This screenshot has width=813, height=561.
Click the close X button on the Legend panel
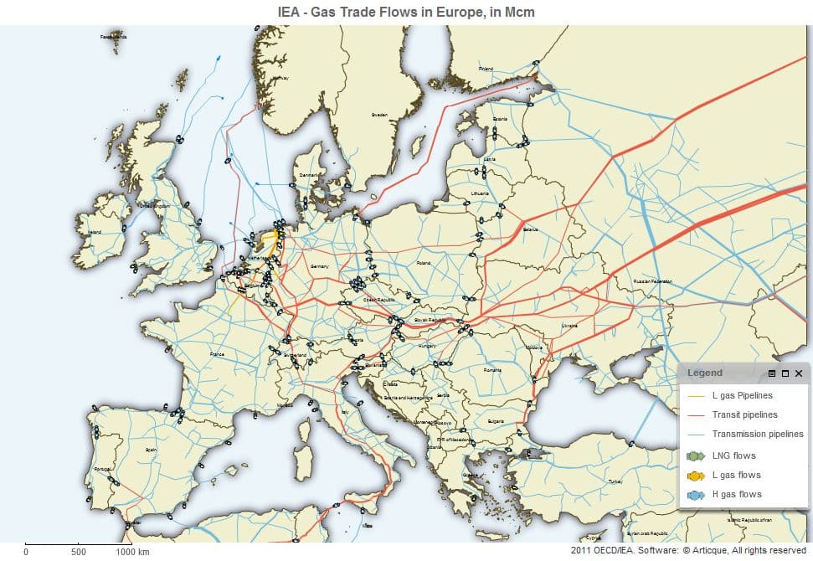point(799,373)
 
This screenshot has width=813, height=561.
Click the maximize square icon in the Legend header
point(785,373)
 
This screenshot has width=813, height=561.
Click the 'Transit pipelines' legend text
point(744,414)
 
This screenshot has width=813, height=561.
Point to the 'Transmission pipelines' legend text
point(757,434)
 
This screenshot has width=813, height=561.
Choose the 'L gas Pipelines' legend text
point(742,395)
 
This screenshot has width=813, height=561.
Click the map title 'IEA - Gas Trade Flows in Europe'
point(406,12)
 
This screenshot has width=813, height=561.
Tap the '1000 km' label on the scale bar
point(132,552)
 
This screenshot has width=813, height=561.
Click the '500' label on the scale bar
point(79,552)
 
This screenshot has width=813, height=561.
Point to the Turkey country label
point(615,481)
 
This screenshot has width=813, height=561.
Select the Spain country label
point(151,450)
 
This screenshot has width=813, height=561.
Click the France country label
point(217,354)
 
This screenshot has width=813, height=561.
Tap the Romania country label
point(492,369)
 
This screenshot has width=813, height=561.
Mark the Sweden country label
point(378,114)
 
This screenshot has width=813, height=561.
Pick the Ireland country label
point(95,232)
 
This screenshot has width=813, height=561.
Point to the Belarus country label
point(529,230)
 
